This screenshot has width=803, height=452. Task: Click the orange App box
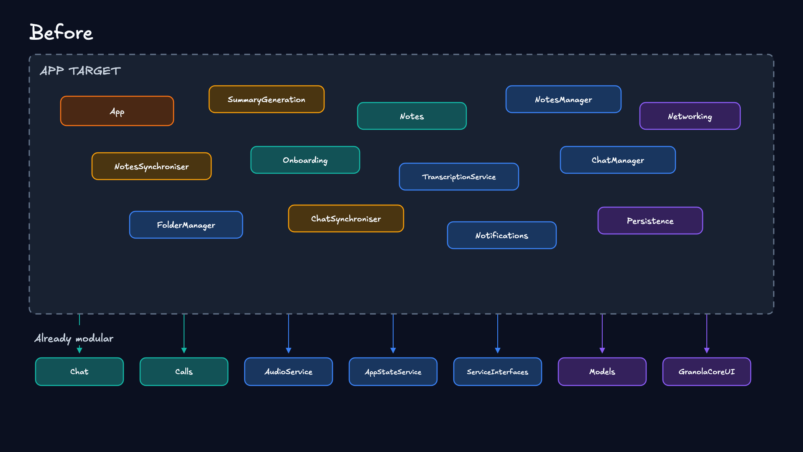point(117,111)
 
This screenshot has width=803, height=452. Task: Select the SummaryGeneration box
point(266,99)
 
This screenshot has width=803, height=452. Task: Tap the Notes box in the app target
point(412,116)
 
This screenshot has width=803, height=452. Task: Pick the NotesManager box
point(563,99)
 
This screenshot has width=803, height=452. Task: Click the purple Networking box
point(690,116)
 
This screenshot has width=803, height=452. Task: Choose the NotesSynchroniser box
point(151,166)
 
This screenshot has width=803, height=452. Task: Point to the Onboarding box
point(305,160)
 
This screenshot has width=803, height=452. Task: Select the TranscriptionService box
point(459,177)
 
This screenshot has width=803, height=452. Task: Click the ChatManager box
point(618,160)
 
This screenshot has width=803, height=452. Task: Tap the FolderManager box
point(186,225)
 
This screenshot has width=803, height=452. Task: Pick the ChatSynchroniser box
point(346,218)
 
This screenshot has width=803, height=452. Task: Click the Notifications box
point(502,235)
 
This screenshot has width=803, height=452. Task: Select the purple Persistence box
point(650,221)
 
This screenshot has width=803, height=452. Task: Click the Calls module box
point(184,372)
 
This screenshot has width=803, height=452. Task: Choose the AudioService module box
point(289,372)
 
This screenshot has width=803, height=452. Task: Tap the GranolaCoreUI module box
point(707,372)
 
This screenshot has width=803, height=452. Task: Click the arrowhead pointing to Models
point(602,351)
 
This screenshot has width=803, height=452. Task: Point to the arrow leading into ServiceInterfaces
point(498,334)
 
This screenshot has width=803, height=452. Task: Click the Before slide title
point(61,32)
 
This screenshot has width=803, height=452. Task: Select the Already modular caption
point(74,338)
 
